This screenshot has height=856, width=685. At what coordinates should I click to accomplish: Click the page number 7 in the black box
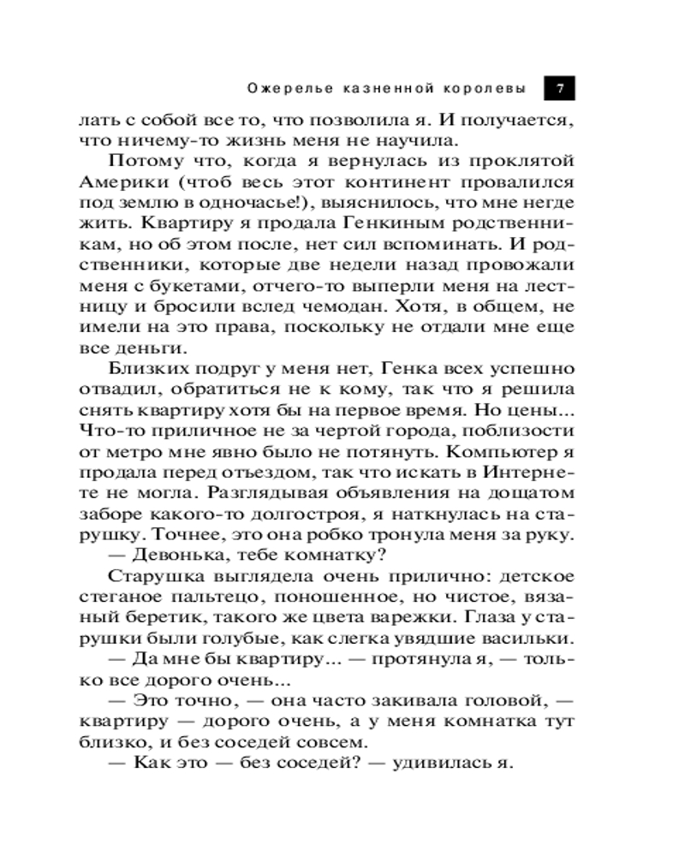click(559, 87)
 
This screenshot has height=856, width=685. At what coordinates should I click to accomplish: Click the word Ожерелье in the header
click(278, 87)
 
